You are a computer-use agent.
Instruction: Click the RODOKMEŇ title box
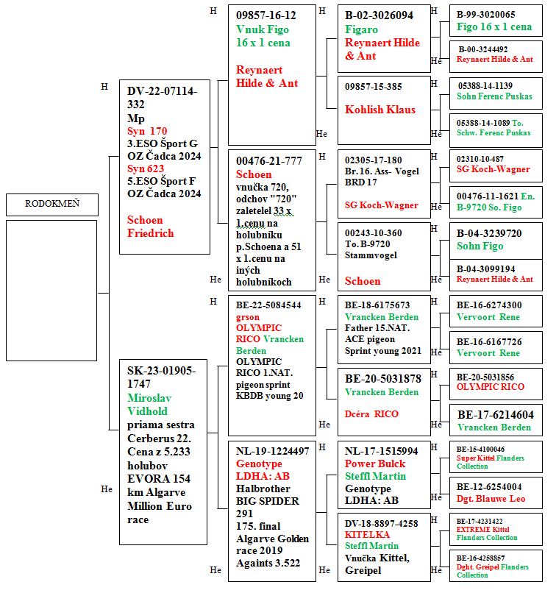(51, 204)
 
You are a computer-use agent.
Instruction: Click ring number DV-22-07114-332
(162, 98)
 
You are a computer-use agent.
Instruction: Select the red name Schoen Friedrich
(151, 227)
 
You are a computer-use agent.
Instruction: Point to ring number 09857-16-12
(265, 15)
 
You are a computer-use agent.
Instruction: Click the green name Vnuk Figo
(263, 29)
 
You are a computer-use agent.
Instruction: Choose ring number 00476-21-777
(268, 161)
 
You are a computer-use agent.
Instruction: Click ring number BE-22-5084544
(268, 305)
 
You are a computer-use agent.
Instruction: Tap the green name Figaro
(361, 29)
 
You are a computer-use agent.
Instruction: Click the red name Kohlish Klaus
(380, 110)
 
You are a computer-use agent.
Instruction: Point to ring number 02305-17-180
(373, 160)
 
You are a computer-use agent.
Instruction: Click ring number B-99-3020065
(485, 15)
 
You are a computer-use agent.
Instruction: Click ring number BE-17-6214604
(495, 415)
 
